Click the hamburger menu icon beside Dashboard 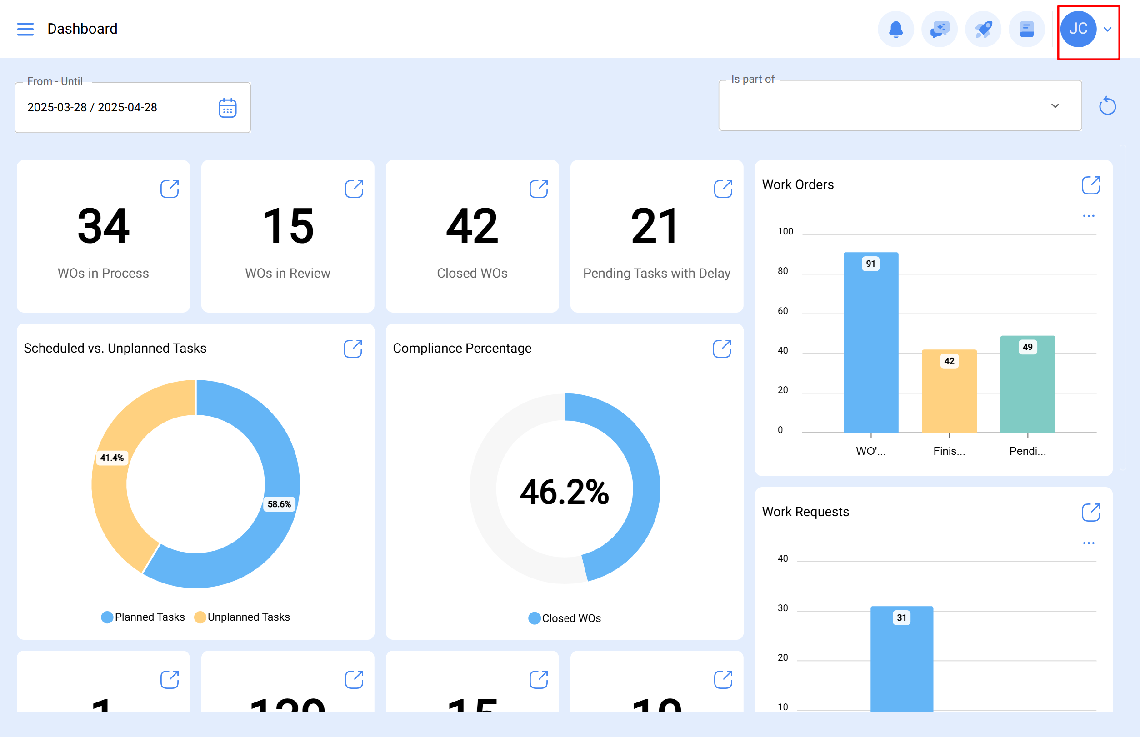25,29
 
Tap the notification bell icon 895,29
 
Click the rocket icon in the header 983,29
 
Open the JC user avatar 1078,29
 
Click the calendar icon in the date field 227,108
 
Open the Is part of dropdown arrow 1055,106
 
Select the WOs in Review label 287,273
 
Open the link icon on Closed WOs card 538,189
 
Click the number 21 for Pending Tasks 655,226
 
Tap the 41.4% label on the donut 111,458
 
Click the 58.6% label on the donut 279,504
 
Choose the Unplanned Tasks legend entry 242,617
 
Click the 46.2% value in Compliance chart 564,492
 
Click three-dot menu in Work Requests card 1088,543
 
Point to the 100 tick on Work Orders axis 785,232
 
